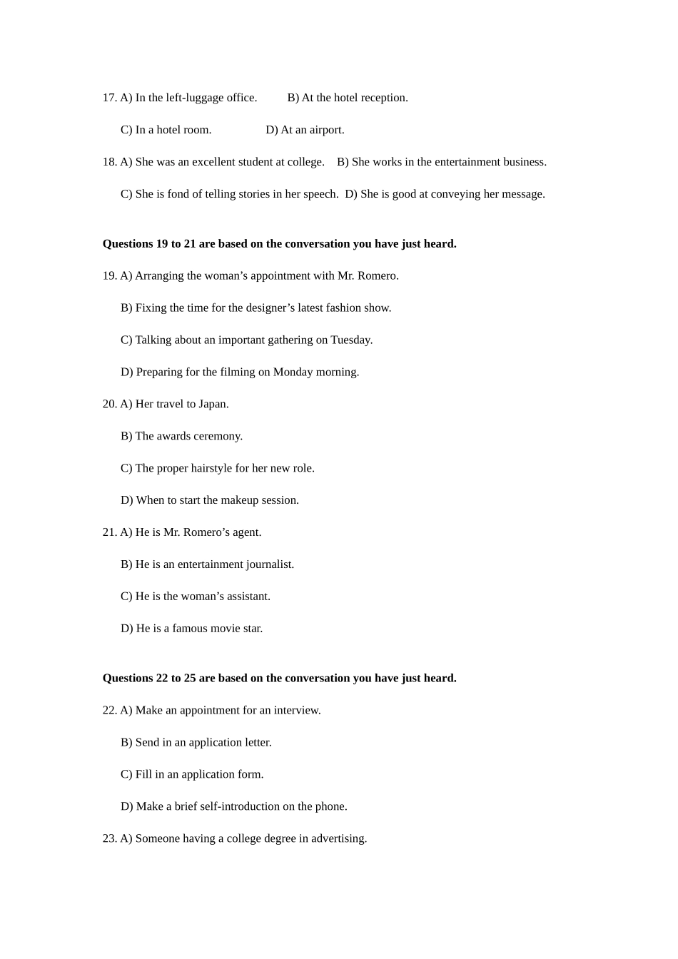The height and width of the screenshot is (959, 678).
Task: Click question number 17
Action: click(109, 98)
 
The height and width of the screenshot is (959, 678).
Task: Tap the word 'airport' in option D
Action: click(325, 130)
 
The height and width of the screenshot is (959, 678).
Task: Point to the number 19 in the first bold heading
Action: click(162, 244)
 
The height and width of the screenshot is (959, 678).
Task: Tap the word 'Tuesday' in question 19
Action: click(350, 340)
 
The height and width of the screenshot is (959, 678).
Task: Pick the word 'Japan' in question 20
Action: click(212, 405)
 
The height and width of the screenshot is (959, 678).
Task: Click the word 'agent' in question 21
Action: click(246, 533)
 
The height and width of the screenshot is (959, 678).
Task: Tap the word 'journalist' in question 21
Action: click(269, 565)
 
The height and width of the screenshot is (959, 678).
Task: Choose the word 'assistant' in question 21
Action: click(247, 597)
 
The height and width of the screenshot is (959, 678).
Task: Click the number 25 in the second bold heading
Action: click(190, 679)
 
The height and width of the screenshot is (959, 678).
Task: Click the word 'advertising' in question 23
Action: click(338, 839)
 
